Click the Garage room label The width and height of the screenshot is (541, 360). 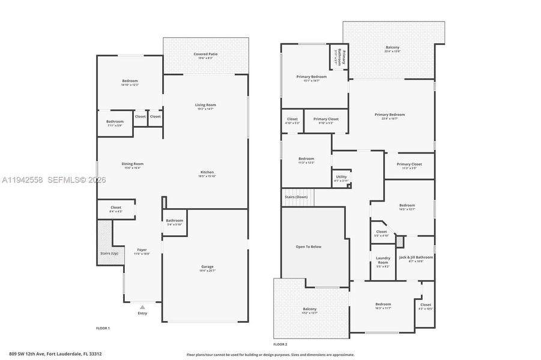click(x=207, y=267)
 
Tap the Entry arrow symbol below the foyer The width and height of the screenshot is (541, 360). click(x=142, y=307)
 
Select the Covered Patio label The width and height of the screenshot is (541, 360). click(x=205, y=55)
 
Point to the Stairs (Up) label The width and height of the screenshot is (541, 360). click(x=109, y=253)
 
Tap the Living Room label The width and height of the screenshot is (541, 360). click(x=205, y=105)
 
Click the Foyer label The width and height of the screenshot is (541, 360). click(x=142, y=250)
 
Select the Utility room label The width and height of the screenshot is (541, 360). click(x=341, y=177)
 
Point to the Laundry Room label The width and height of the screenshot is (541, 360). click(x=383, y=260)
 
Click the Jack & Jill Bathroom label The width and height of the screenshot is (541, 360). click(x=416, y=257)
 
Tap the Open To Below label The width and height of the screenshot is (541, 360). click(x=309, y=247)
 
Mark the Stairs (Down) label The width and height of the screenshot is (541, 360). click(x=295, y=197)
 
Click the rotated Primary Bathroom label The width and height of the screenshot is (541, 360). click(x=339, y=56)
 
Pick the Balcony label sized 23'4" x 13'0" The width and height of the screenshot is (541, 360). click(x=393, y=47)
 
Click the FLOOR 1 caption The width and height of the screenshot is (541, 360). click(x=103, y=328)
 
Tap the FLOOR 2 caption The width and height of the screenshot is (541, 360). click(x=280, y=344)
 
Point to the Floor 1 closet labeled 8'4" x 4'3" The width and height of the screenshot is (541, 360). click(x=116, y=208)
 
